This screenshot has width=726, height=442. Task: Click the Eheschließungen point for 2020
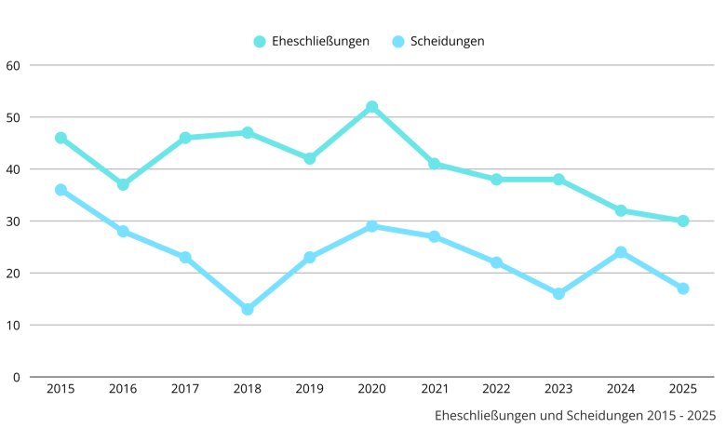tap(371, 107)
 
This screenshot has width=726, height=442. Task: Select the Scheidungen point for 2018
tap(248, 309)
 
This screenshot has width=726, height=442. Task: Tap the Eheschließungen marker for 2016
tap(123, 184)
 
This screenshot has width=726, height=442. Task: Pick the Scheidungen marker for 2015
tap(60, 190)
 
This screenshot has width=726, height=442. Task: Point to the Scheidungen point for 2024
tap(621, 252)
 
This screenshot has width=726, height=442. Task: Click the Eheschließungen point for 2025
tap(682, 221)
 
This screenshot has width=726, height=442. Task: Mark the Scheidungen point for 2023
tap(558, 293)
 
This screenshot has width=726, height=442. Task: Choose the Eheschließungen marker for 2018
tap(248, 133)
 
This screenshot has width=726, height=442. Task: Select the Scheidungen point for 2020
tap(371, 226)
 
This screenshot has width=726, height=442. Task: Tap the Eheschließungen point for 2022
tap(496, 180)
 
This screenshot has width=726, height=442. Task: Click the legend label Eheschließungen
tap(320, 41)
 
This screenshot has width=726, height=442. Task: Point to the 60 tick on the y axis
tap(13, 65)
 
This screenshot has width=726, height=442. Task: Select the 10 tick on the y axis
tap(13, 325)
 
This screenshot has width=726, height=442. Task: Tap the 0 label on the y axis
tap(17, 377)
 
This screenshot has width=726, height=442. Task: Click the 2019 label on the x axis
tap(309, 388)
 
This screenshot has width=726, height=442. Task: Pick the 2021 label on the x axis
tap(434, 388)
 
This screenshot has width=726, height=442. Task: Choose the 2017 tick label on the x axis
tap(185, 388)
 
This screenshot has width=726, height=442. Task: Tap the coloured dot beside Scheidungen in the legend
tap(398, 41)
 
